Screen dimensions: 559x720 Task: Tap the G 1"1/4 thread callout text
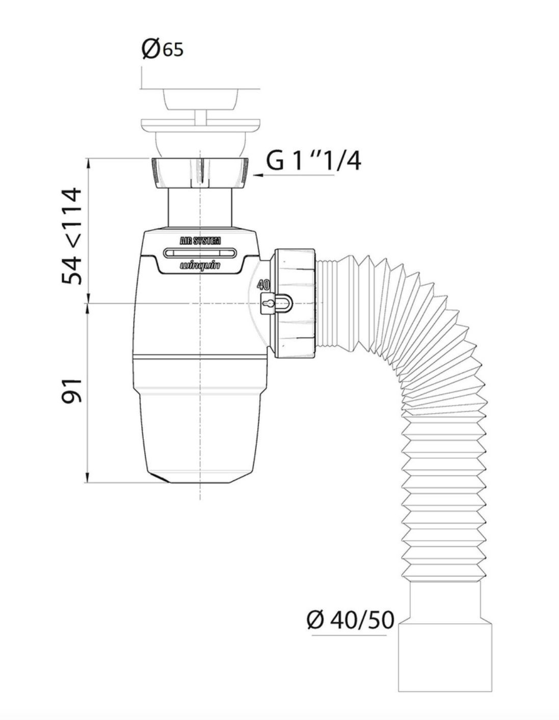pyautogui.click(x=313, y=162)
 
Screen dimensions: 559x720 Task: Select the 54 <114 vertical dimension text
pyautogui.click(x=71, y=236)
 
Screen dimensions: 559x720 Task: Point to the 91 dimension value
pyautogui.click(x=71, y=391)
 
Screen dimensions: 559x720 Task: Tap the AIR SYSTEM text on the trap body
pyautogui.click(x=200, y=241)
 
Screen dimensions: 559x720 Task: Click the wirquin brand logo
pyautogui.click(x=200, y=265)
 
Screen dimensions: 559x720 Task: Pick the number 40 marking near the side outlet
pyautogui.click(x=264, y=285)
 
